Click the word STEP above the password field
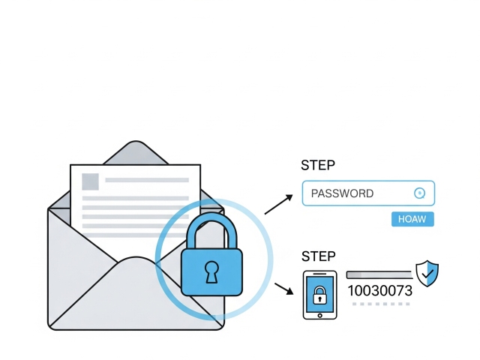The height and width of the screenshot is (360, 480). pos(318,165)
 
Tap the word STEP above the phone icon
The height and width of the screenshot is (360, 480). pos(318,256)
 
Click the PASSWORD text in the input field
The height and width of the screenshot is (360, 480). pos(342,193)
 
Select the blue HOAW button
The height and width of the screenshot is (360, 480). pos(412,219)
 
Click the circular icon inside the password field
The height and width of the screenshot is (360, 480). pos(420,193)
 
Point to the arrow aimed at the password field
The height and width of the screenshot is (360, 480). pos(278,205)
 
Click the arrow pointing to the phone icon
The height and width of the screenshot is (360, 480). pos(283,289)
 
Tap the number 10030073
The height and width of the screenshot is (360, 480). pos(380,290)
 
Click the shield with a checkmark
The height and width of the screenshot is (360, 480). pos(427,273)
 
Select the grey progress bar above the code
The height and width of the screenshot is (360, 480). pos(379,274)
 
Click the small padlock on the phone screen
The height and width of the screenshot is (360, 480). pos(320,295)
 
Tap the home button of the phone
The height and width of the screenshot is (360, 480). pos(320,316)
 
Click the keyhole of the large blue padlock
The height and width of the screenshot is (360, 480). pos(211,271)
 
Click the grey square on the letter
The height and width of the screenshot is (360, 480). pos(90,181)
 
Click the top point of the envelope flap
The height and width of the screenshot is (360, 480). pos(136,141)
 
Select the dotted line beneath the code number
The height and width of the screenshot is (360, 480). pos(381,304)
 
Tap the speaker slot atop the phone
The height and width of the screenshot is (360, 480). pos(320,274)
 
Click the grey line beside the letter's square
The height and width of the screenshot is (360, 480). pos(147,180)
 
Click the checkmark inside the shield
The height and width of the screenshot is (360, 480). pos(427,273)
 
